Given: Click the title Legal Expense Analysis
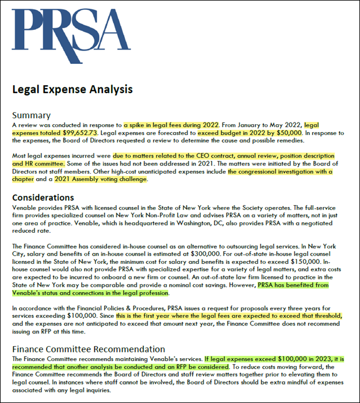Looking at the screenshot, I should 72,89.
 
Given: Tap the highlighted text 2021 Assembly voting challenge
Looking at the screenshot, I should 101,179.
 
